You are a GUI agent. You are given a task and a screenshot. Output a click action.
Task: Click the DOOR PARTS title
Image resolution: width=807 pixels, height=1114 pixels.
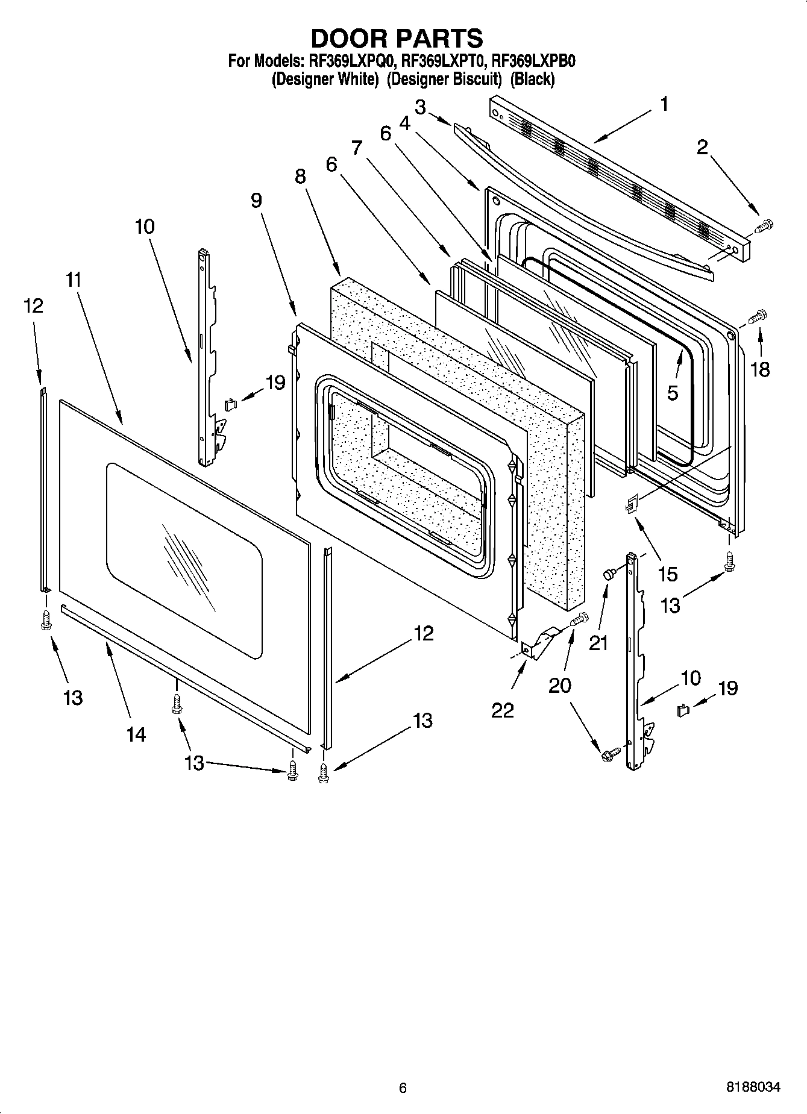pyautogui.click(x=397, y=38)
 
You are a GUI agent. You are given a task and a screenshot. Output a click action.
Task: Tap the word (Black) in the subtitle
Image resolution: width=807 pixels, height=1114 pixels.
pyautogui.click(x=532, y=79)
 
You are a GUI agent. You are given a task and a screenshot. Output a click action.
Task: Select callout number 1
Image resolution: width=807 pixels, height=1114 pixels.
pyautogui.click(x=664, y=104)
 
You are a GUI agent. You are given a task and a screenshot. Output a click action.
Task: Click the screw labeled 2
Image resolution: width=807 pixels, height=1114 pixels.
pyautogui.click(x=764, y=227)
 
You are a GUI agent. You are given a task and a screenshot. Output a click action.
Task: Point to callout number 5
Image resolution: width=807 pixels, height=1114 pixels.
pyautogui.click(x=673, y=393)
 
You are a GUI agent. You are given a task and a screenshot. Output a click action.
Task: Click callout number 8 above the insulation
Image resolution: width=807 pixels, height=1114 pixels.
pyautogui.click(x=300, y=176)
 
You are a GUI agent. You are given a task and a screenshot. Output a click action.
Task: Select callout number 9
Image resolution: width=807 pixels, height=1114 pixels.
pyautogui.click(x=256, y=200)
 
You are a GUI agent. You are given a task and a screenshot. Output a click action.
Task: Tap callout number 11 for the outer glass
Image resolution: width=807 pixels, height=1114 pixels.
pyautogui.click(x=74, y=280)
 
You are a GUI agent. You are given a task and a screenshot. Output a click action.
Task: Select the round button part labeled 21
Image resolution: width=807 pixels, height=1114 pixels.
pyautogui.click(x=608, y=575)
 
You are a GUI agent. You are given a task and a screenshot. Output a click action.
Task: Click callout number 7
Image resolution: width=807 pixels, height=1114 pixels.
pyautogui.click(x=357, y=147)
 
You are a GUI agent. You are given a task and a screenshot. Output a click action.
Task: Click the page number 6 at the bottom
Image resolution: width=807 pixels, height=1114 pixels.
pyautogui.click(x=403, y=1087)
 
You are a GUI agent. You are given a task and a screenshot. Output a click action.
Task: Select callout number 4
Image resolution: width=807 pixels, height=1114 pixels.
pyautogui.click(x=404, y=123)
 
